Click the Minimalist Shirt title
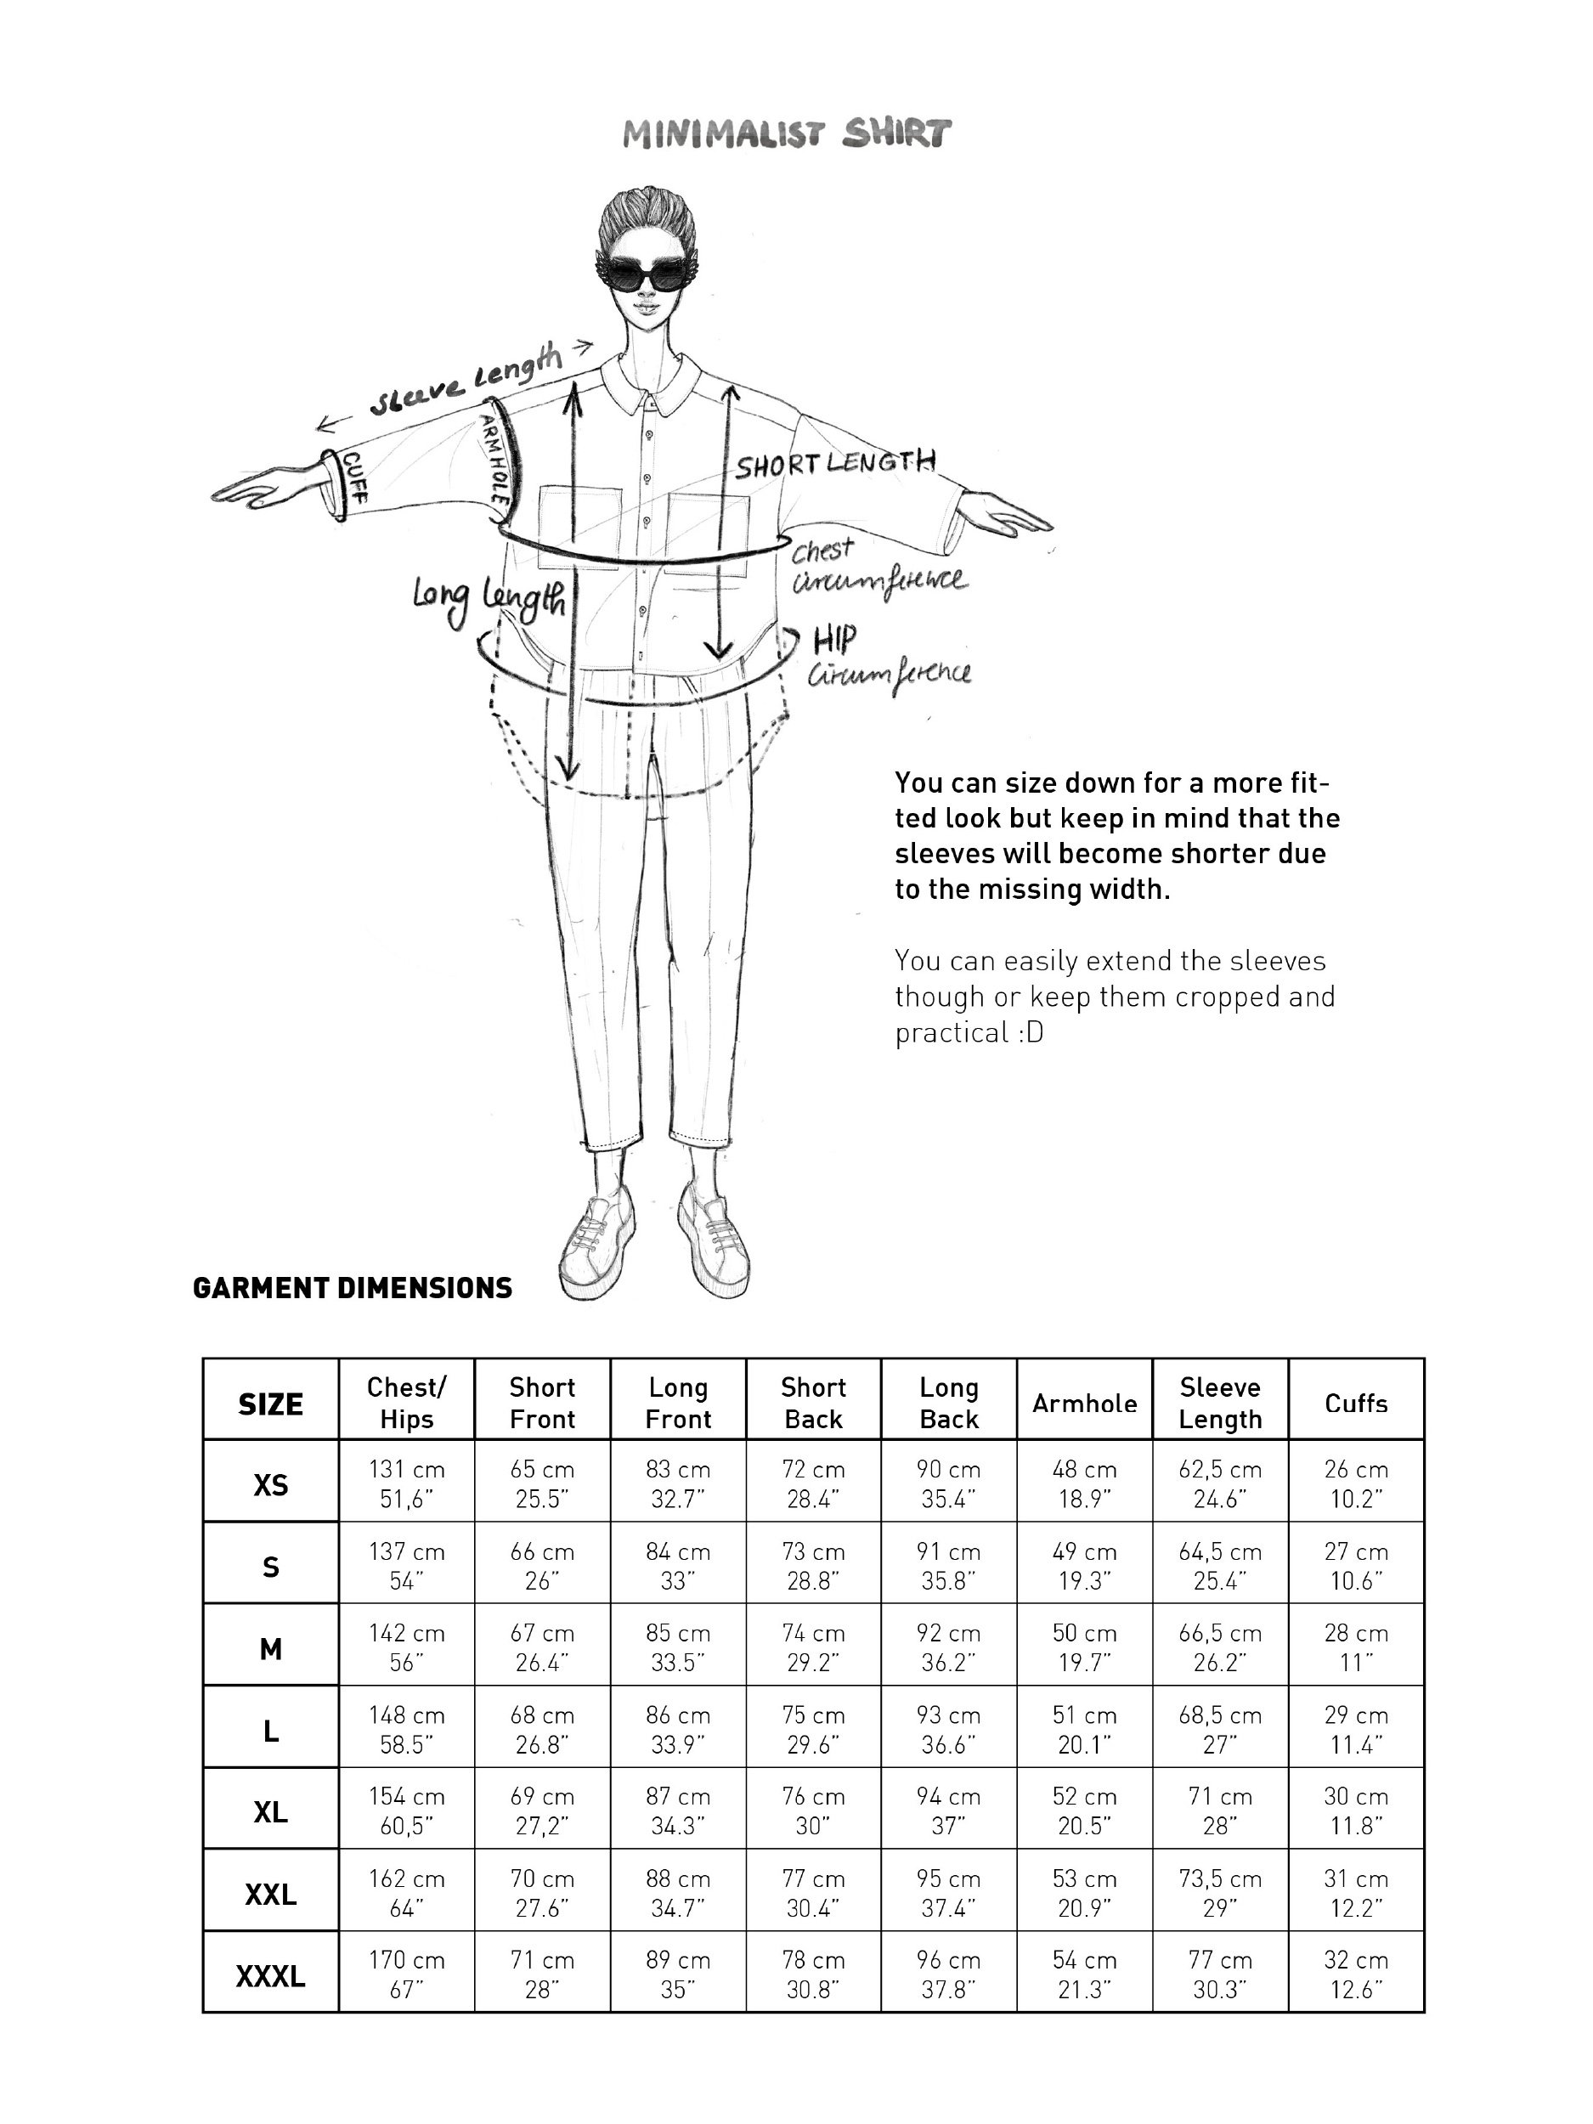(786, 134)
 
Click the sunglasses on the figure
(653, 274)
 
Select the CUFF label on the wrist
(353, 480)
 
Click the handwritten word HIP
(834, 640)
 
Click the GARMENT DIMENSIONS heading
(352, 1289)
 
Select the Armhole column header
(1084, 1404)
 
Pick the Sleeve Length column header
(1219, 1403)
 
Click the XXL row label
(270, 1895)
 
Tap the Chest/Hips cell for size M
(406, 1647)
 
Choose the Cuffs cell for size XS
(1356, 1483)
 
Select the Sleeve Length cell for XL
(1219, 1811)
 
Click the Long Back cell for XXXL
(948, 1975)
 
